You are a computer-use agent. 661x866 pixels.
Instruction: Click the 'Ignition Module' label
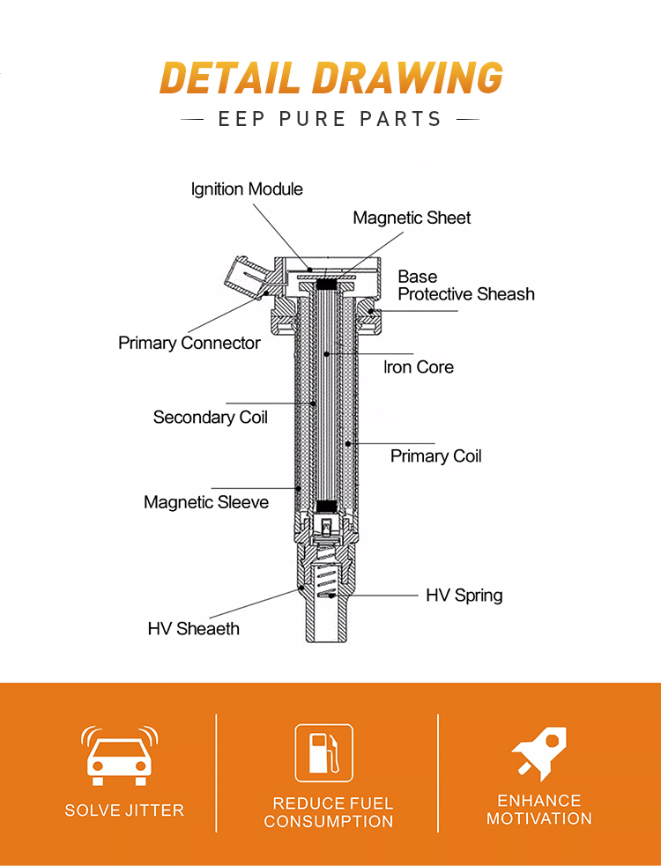point(247,189)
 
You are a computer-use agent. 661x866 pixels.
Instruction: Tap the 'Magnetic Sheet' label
point(412,218)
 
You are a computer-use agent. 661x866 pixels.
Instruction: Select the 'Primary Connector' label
point(189,343)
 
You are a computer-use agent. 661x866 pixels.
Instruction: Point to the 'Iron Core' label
point(419,366)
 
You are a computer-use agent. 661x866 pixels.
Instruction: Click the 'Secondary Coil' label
point(210,417)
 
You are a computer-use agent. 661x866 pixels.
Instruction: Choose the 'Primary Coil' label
point(435,456)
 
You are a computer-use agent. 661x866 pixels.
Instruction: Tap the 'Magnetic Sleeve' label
point(206,502)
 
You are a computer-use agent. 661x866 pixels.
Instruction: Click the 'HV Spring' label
point(464,596)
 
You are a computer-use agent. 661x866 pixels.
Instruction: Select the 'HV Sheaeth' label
point(193,628)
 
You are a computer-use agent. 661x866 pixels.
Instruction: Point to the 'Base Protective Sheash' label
point(466,285)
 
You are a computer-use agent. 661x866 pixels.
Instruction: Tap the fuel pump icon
point(323,752)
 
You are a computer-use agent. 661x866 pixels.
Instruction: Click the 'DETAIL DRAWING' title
point(331,78)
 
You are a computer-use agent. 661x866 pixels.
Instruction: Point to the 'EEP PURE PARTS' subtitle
point(330,119)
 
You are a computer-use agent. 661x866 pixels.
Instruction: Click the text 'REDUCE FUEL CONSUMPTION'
point(329,812)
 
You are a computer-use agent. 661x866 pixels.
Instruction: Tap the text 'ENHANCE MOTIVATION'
point(538,809)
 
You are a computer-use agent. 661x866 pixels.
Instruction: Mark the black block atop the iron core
point(326,285)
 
